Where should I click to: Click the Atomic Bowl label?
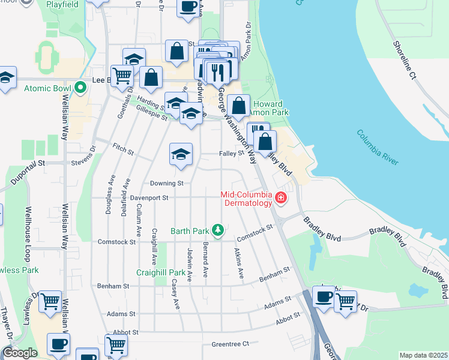48,88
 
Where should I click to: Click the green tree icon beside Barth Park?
219,230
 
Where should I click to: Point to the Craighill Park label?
160,272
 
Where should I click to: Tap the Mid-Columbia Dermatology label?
247,199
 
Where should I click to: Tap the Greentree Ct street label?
230,344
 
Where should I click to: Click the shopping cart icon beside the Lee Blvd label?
122,76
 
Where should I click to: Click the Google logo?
20,353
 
